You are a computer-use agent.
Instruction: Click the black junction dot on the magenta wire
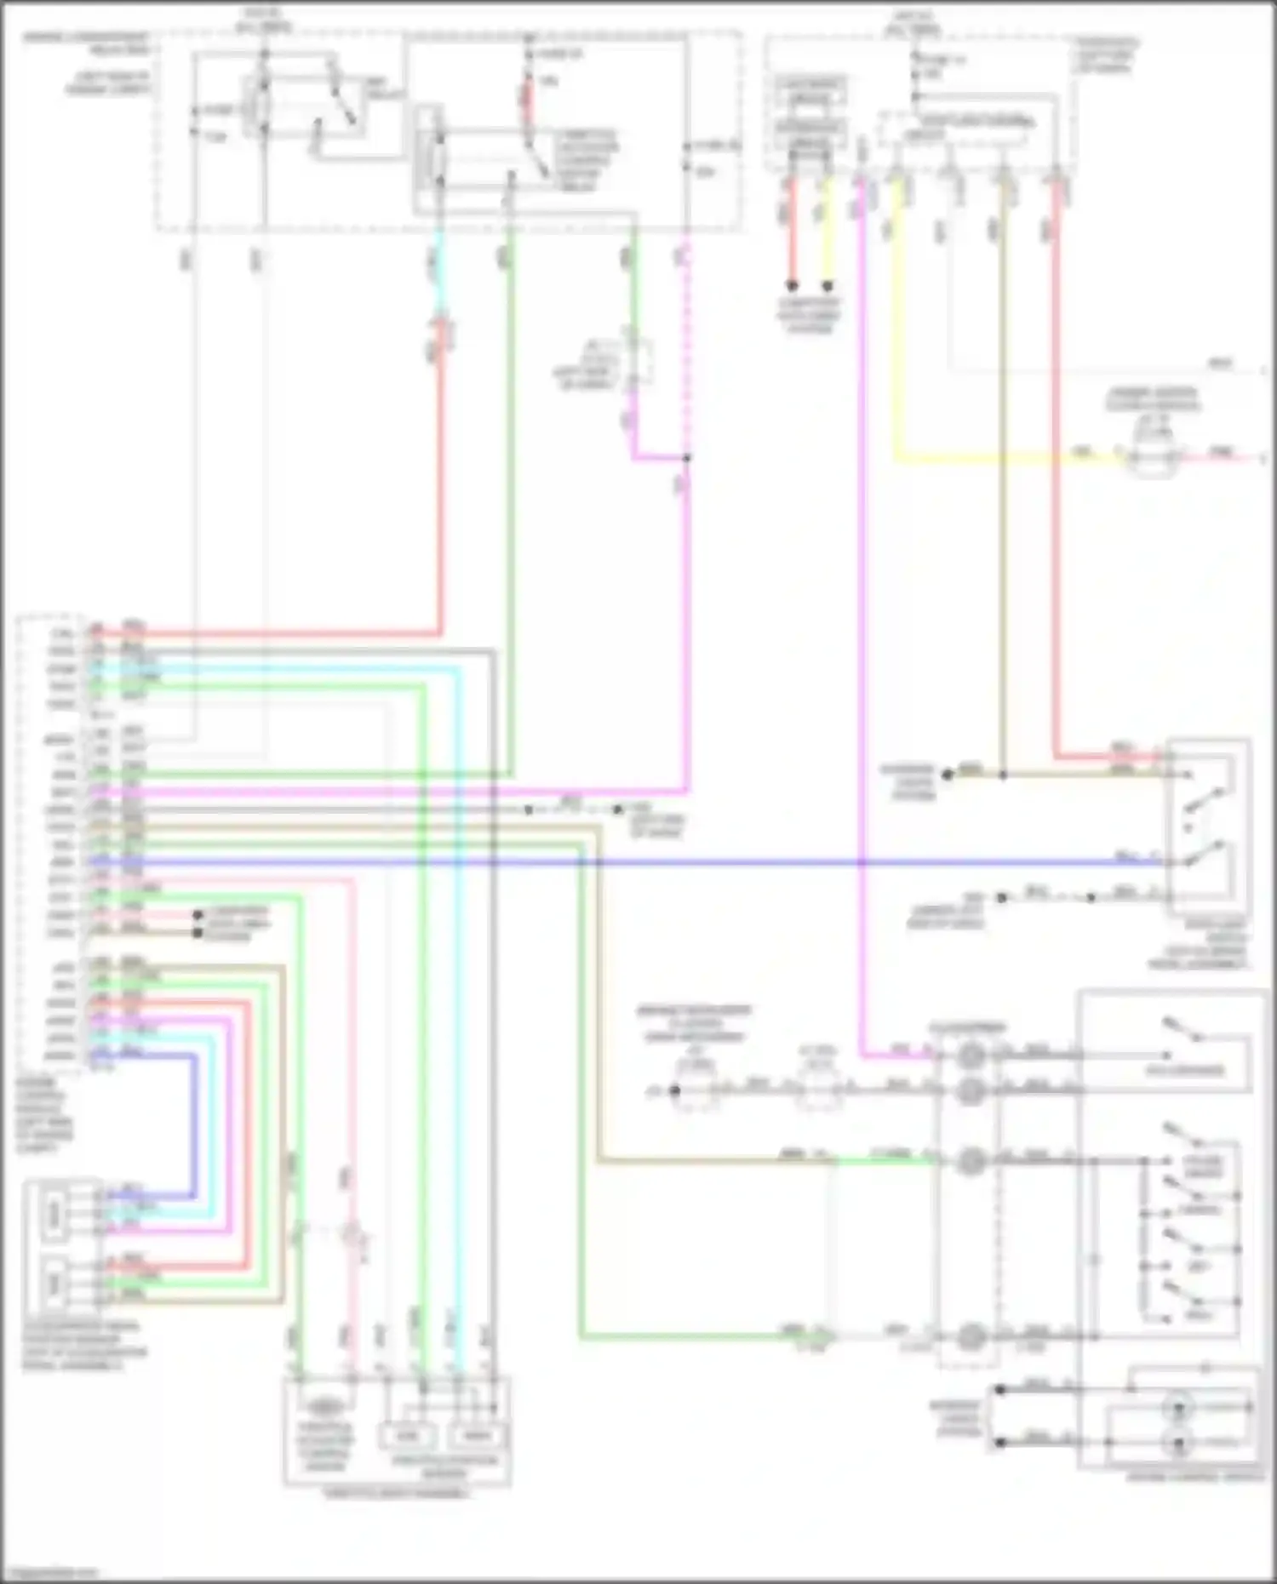(x=686, y=458)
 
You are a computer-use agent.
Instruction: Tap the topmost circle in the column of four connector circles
(x=970, y=1056)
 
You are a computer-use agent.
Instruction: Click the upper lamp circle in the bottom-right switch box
(x=1179, y=1408)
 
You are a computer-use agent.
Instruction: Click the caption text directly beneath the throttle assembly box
(x=396, y=1494)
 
